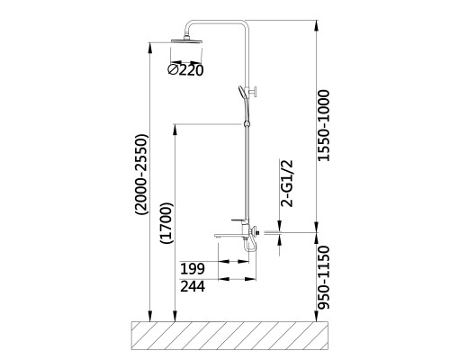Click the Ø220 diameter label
point(185,70)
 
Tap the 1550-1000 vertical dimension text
point(324,125)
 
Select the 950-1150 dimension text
point(324,277)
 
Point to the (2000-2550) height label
point(141,175)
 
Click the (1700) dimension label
point(166,223)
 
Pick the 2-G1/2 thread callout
point(287,184)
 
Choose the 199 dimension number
point(193,269)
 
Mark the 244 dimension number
point(193,286)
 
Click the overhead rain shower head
point(186,41)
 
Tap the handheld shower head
point(242,93)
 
